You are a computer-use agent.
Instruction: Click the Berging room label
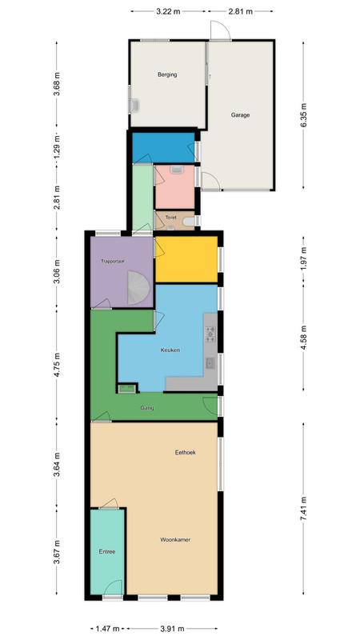pyautogui.click(x=167, y=74)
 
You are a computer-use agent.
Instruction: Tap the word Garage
pyautogui.click(x=241, y=115)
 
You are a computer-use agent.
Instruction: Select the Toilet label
pyautogui.click(x=171, y=218)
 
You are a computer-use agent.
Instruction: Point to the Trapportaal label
pyautogui.click(x=113, y=261)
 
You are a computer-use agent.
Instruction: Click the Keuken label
pyautogui.click(x=170, y=350)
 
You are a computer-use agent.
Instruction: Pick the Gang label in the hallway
pyautogui.click(x=147, y=408)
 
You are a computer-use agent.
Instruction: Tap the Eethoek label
pyautogui.click(x=186, y=452)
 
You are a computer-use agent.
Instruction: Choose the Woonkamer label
pyautogui.click(x=175, y=539)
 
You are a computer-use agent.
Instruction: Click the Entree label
pyautogui.click(x=107, y=551)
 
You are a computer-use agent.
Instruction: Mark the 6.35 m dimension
pyautogui.click(x=303, y=115)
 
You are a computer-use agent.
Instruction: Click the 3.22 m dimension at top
pyautogui.click(x=168, y=11)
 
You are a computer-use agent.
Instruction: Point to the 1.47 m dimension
pyautogui.click(x=108, y=628)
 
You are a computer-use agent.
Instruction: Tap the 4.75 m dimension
pyautogui.click(x=57, y=364)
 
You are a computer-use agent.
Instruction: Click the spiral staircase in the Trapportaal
pyautogui.click(x=138, y=289)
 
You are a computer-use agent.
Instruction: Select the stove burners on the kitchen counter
pyautogui.click(x=210, y=334)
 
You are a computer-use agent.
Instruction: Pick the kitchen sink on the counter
pyautogui.click(x=210, y=363)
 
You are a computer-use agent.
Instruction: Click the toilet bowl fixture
pyautogui.click(x=189, y=222)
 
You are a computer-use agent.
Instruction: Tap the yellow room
pyautogui.click(x=186, y=259)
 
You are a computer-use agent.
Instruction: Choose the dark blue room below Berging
pyautogui.click(x=164, y=147)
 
